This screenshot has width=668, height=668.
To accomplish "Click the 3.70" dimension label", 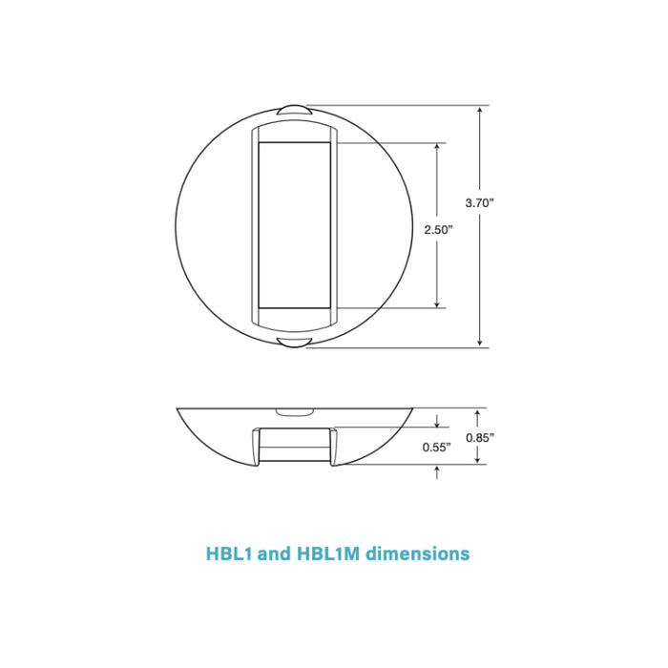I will click(x=479, y=202).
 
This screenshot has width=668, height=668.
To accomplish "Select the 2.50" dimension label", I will click(x=438, y=230).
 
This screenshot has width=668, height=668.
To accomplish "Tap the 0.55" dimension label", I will click(x=437, y=447).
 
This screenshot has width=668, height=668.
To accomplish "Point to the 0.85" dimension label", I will click(x=479, y=437).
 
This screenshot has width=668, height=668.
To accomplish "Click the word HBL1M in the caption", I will click(x=330, y=553).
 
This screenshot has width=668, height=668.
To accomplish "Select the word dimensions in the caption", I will click(x=418, y=553).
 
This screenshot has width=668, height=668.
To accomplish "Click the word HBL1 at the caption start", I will click(x=229, y=553).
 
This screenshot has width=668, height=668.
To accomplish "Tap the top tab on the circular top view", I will click(x=294, y=110).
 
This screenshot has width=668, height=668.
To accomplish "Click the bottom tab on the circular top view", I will click(x=294, y=342).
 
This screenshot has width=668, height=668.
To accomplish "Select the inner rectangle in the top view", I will click(x=294, y=225).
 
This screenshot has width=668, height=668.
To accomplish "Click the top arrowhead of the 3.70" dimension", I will click(x=479, y=111).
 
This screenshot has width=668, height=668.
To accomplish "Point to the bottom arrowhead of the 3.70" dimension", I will click(x=479, y=343).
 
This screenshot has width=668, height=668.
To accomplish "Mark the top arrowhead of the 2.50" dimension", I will click(x=438, y=148).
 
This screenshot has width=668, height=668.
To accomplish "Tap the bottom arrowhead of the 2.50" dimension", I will click(x=438, y=303).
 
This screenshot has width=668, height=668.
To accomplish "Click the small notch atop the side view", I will click(x=294, y=412).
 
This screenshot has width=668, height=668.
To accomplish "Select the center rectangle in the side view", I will click(x=294, y=445).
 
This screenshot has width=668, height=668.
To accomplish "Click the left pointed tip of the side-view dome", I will click(x=179, y=410).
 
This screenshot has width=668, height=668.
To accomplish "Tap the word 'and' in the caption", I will click(x=273, y=553).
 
